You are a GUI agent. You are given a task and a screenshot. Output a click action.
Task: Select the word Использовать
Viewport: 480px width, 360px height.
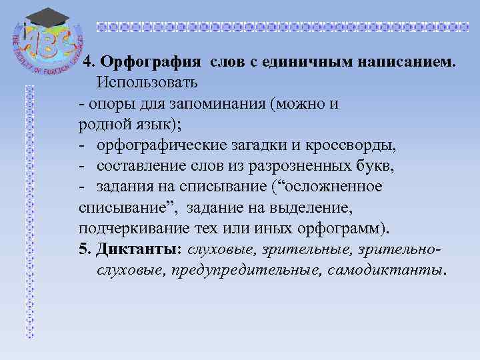coord(147,83)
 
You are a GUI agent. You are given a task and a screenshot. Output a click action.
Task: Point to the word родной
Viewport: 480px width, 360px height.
coord(98,125)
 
